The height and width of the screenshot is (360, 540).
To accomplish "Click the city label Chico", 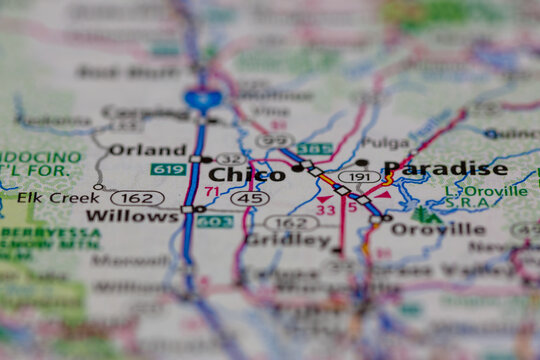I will (247, 175).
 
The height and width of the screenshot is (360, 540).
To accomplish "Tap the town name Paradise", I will (445, 168).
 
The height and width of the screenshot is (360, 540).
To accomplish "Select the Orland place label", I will (147, 150).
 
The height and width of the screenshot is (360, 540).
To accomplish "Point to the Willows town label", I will (132, 215).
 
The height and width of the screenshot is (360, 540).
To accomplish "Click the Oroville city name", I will (437, 229).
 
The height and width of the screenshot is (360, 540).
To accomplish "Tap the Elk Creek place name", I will (45, 197).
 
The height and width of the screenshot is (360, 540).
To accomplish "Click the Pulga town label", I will (387, 143).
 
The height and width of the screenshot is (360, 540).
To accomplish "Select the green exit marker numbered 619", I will (168, 169).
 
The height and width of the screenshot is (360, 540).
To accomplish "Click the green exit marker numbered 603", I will (214, 221).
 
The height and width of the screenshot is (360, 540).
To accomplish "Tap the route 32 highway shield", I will (231, 159).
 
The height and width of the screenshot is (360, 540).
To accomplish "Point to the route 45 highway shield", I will (249, 198).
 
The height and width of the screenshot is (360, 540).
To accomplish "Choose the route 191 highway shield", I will (359, 176).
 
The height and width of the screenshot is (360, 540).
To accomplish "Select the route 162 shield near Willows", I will (137, 198).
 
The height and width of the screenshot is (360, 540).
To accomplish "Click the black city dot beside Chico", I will (297, 168).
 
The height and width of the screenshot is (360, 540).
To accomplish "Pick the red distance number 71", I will (211, 191).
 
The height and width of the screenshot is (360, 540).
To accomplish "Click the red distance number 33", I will (325, 210).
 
